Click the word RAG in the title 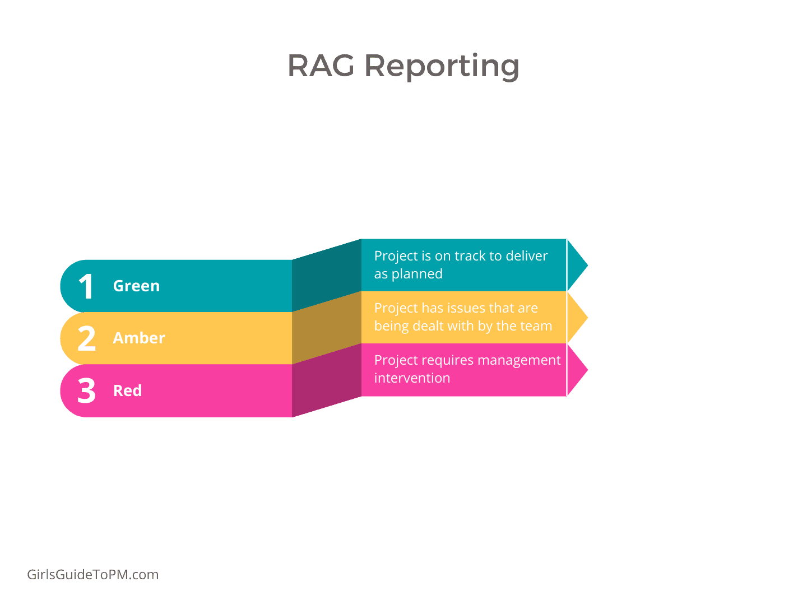(x=321, y=66)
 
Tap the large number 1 (x=86, y=287)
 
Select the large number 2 (x=87, y=339)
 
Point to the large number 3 (x=87, y=391)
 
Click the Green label (x=136, y=286)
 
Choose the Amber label (x=139, y=338)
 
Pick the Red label (x=127, y=390)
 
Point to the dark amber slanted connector (x=327, y=328)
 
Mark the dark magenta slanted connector (x=327, y=380)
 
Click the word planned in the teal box (x=417, y=274)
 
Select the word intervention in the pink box (x=412, y=378)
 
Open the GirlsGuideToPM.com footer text (x=93, y=575)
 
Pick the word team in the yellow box (x=536, y=326)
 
